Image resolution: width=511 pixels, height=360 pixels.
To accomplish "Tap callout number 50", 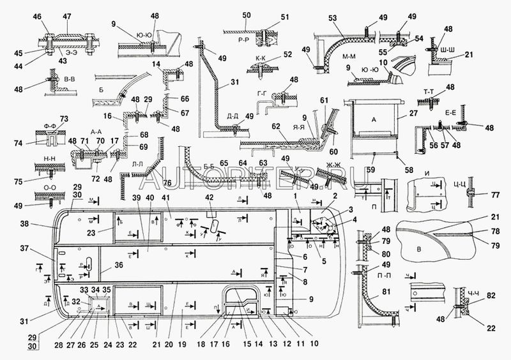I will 229,15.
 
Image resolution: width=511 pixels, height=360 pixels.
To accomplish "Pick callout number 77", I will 494,196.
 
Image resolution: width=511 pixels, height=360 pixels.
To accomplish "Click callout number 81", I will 386,293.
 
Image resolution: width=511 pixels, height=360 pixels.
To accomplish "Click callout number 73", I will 63,119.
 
